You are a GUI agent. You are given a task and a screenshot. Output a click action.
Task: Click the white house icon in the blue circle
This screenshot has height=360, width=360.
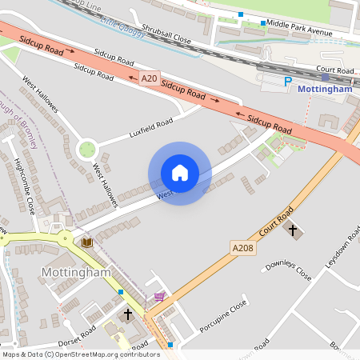pos(179,173)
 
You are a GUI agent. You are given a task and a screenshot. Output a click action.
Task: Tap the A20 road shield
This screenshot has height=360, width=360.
pos(149,78)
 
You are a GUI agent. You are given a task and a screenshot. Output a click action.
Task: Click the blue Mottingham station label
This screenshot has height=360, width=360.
pos(325,90)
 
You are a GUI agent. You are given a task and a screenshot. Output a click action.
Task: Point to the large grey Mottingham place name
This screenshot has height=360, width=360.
pos(74,273)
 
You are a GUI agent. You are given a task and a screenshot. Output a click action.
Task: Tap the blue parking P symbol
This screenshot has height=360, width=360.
pos(288,82)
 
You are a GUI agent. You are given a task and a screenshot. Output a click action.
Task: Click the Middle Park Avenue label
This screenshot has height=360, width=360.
pos(299,24)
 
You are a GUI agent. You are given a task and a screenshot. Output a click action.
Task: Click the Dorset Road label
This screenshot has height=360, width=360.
pos(77,333)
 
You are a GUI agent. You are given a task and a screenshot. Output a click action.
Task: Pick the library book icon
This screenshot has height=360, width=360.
pos(86,241)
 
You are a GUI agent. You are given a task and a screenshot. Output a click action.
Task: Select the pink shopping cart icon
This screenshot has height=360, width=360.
pos(159,297)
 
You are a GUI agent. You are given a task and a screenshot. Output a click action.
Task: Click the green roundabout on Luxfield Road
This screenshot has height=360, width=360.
pos(86,148)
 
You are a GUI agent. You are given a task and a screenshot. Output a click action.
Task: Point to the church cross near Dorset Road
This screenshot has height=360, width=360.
pos(127,314)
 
